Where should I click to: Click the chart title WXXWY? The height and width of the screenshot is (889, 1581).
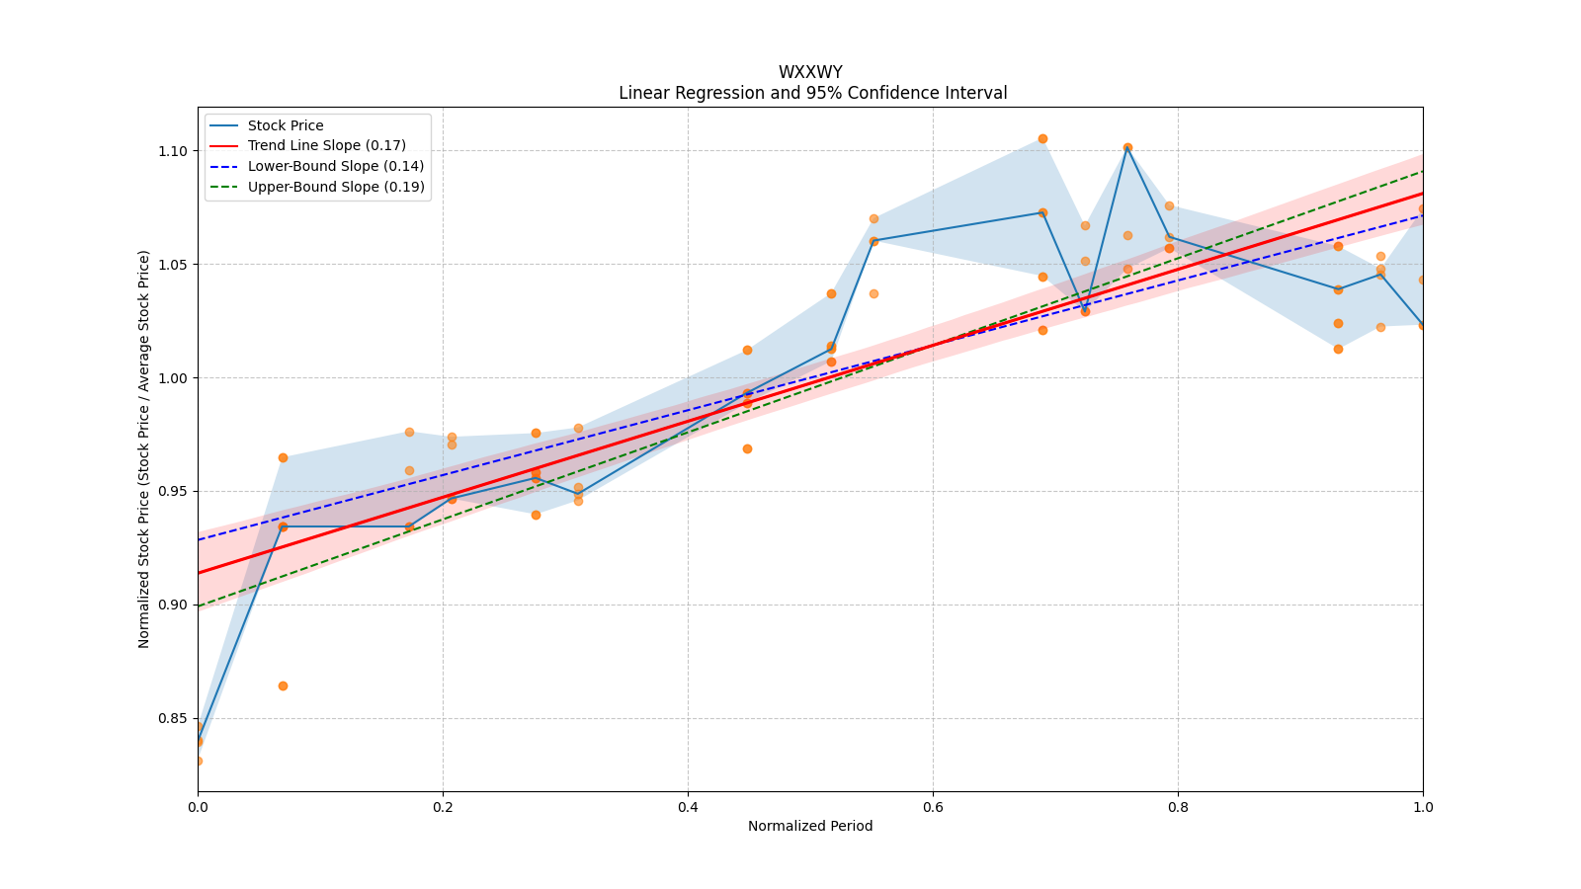pos(810,72)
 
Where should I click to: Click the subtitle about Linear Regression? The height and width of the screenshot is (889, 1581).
pos(812,93)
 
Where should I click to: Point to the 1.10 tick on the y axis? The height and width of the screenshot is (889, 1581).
pos(173,151)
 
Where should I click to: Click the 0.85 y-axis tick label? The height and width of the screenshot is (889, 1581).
pos(173,719)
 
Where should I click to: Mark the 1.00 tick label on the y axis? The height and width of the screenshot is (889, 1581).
pos(173,378)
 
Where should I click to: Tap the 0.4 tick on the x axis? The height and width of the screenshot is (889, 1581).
pos(688,807)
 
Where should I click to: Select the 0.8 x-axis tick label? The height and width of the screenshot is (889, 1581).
pos(1178,807)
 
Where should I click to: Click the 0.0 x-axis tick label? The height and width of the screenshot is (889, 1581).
pos(198,807)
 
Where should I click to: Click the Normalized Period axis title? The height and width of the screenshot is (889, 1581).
pos(810,826)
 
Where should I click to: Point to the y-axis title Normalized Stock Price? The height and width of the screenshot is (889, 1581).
pos(144,449)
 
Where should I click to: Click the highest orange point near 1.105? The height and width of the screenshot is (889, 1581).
pos(1042,139)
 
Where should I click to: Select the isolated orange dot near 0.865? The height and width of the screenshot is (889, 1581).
pos(283,687)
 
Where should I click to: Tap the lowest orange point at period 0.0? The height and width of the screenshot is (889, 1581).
pos(199,762)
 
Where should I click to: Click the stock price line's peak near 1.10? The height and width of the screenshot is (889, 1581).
pos(1127,147)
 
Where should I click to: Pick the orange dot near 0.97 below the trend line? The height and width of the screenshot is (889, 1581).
pos(747,449)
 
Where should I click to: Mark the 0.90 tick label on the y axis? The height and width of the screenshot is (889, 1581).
pos(173,606)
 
